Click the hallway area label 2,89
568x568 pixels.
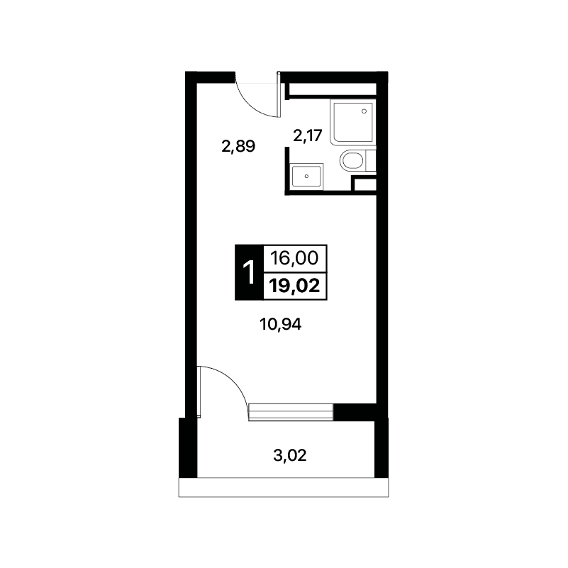(238, 147)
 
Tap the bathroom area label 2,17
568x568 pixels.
(308, 136)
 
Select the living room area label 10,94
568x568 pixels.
(280, 324)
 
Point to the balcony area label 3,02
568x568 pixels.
(290, 455)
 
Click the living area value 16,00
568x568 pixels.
(294, 258)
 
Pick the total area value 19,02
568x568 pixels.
(295, 286)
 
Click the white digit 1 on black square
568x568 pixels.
(249, 273)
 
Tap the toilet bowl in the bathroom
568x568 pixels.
(352, 160)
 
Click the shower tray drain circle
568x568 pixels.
(364, 111)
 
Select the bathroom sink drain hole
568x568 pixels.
(306, 177)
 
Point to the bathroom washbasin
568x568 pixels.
(307, 177)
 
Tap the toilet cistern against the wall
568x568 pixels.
(371, 160)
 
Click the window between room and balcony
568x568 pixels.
(291, 412)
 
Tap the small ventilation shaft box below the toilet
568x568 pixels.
(364, 184)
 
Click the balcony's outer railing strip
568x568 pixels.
(284, 487)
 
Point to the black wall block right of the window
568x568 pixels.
(355, 412)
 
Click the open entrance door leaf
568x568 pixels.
(279, 94)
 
